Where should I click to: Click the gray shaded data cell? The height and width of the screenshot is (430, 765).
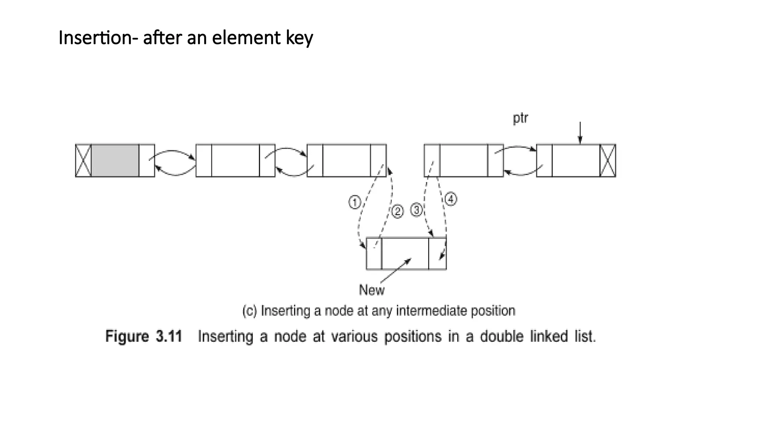115,161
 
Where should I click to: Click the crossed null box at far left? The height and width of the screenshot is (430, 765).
83,161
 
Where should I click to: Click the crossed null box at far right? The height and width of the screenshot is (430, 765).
608,161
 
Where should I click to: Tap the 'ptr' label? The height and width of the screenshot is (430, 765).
520,118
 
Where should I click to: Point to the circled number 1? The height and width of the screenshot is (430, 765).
354,203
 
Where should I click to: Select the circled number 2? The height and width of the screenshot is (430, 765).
397,212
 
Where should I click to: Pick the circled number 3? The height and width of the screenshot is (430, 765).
416,210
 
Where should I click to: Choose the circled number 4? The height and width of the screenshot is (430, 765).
451,199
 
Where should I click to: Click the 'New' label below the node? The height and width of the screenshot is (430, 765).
372,290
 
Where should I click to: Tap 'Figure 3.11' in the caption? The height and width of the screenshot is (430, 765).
144,336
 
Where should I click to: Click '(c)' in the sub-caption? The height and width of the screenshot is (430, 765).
250,311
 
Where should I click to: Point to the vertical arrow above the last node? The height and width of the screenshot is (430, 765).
580,133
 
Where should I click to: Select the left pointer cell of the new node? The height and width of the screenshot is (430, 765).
374,253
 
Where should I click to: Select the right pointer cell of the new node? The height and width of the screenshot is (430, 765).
437,253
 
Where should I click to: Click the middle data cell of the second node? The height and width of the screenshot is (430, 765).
235,161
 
